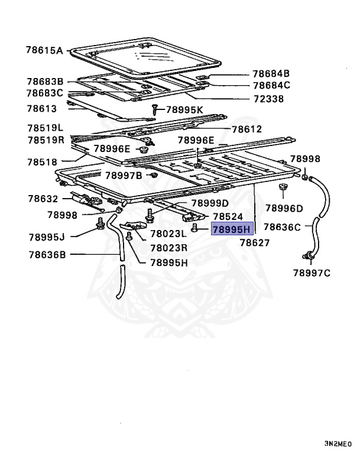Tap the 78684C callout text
coord(271,86)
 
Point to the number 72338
coord(269,99)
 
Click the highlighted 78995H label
coord(232,229)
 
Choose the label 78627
coord(255,242)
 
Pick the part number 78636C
coord(282,226)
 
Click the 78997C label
coord(312,273)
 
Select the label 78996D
coord(284,208)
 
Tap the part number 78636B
coord(46,255)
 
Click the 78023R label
coord(168,248)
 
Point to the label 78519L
coord(45,128)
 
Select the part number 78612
coord(247,129)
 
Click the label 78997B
coord(124,175)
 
